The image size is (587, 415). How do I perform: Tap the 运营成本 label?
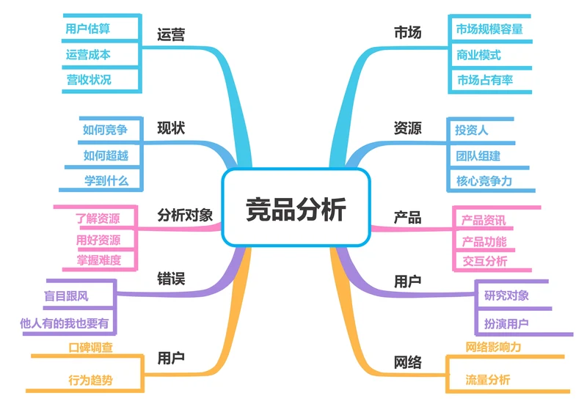click(88, 54)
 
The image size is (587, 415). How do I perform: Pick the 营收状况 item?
click(88, 79)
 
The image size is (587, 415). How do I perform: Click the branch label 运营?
click(171, 34)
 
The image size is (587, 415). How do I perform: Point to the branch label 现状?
click(171, 128)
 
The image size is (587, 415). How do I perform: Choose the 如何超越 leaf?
click(105, 155)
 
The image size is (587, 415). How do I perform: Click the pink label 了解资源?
click(98, 218)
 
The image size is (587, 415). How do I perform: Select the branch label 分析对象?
click(185, 215)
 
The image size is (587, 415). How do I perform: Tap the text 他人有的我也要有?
click(68, 323)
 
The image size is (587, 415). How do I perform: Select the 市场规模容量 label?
click(489, 29)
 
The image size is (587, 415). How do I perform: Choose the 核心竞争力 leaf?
click(484, 180)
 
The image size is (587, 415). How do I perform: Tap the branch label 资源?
click(407, 128)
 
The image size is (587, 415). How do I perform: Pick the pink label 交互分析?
click(484, 261)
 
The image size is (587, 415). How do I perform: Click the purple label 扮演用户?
click(506, 323)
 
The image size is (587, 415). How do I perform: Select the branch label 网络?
click(407, 361)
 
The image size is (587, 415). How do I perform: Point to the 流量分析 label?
click(487, 380)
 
